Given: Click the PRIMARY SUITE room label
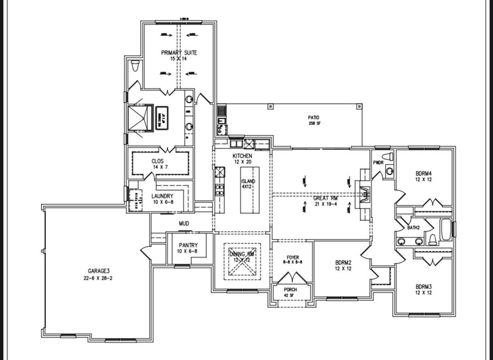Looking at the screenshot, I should point(179,53).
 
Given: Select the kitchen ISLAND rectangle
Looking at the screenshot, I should point(250,190).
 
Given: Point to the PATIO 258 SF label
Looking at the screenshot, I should point(313,118).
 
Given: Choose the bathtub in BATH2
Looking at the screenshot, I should point(446,230).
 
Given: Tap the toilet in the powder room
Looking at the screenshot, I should point(388,157).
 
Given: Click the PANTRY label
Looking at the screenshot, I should point(188,245).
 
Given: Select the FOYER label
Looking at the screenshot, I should point(293,258).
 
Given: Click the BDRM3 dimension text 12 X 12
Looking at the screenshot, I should point(424,292).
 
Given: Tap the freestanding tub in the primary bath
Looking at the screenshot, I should point(161,117).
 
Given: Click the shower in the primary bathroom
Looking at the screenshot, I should point(140,118).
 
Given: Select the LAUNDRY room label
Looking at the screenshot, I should point(162,196).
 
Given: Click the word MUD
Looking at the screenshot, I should point(184,223).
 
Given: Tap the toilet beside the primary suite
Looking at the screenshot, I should point(135,65).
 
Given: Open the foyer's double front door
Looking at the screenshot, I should point(292,278).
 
